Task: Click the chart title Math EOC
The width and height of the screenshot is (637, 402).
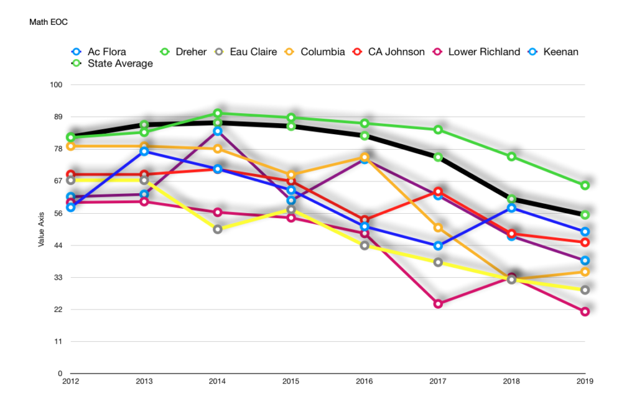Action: click(49, 22)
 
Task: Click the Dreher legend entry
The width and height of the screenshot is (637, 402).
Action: click(189, 52)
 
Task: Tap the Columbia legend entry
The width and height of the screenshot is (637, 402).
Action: click(322, 52)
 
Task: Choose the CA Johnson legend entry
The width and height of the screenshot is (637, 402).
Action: click(396, 52)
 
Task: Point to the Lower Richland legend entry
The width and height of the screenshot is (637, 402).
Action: click(484, 52)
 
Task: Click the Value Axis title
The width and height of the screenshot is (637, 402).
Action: click(41, 229)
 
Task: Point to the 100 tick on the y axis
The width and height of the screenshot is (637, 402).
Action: click(55, 85)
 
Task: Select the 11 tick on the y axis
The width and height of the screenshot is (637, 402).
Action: click(57, 342)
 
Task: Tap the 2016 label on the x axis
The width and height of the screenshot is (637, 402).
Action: click(365, 382)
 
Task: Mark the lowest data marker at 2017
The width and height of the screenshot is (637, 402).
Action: click(438, 304)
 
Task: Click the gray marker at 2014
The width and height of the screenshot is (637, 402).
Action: click(218, 229)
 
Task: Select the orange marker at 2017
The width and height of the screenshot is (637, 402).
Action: click(438, 228)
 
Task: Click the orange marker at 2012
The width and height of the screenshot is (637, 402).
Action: click(71, 146)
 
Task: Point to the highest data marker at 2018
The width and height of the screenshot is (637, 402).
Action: click(511, 157)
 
